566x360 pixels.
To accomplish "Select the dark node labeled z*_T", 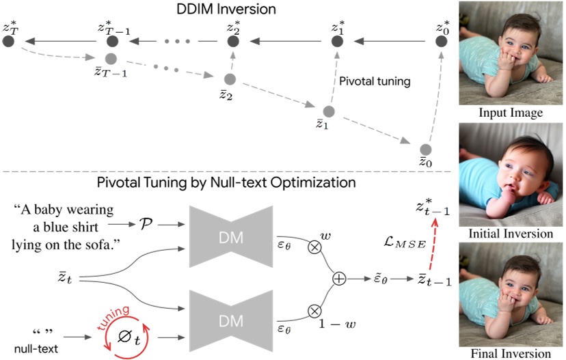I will coord(9,42).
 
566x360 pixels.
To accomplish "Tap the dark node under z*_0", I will coord(442,42).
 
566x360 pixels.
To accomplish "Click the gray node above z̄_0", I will coord(426,149).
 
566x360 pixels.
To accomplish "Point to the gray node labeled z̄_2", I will coord(230,80).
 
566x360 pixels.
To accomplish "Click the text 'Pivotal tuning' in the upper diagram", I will coord(375,81).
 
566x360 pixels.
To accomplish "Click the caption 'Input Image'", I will coord(511,113).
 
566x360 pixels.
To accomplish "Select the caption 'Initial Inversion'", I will coord(511,234).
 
